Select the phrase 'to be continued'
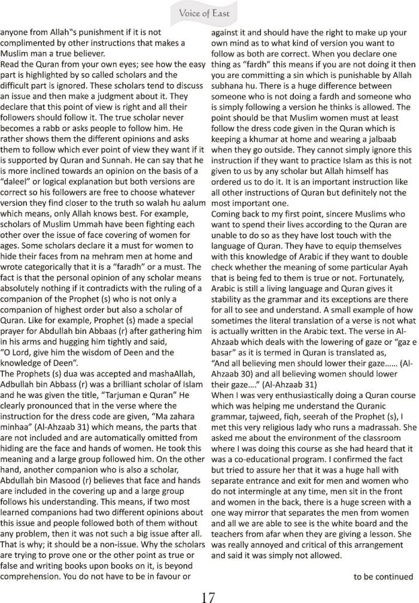tap(383, 577)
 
